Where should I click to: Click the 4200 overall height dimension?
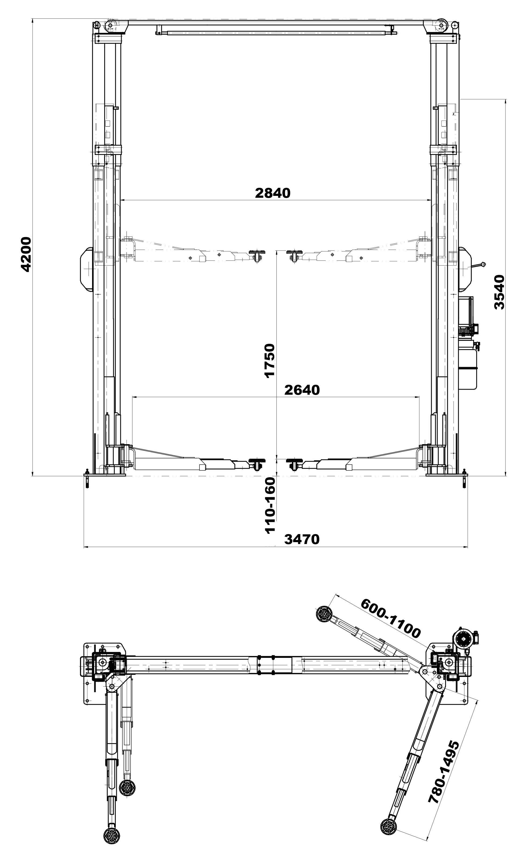point(26,254)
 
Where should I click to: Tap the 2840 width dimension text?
point(273,193)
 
